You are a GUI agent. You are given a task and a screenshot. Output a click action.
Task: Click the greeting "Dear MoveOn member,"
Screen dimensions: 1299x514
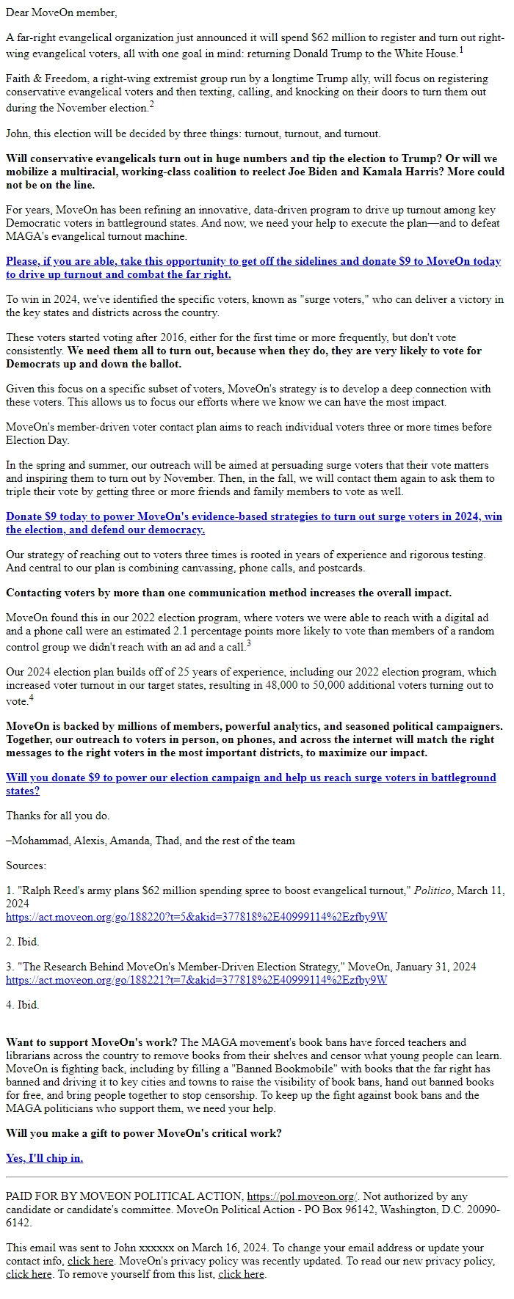[61, 12]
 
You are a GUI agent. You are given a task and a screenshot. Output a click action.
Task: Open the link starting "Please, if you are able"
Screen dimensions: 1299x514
[253, 268]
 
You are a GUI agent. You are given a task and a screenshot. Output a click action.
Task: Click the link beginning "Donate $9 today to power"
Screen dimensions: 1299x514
[253, 523]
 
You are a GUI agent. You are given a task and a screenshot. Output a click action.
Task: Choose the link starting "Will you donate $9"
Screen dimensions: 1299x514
[250, 784]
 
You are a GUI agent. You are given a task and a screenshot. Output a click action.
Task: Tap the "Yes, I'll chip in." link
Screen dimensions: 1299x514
[44, 1158]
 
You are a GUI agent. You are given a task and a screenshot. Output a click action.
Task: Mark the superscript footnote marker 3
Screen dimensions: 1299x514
[249, 643]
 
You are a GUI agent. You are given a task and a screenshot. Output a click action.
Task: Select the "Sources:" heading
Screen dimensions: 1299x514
[26, 866]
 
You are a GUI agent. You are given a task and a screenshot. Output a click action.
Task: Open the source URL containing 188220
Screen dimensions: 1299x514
[196, 917]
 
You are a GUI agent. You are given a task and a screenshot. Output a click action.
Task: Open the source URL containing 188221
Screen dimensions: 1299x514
[196, 980]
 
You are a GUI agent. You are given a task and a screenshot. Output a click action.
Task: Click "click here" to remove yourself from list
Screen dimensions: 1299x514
[242, 1274]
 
